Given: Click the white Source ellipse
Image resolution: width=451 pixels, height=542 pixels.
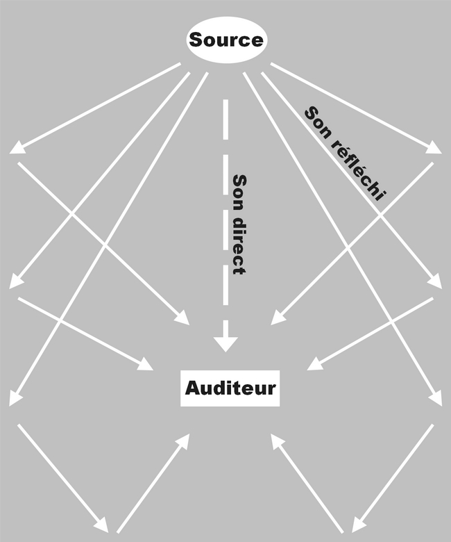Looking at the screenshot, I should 226,40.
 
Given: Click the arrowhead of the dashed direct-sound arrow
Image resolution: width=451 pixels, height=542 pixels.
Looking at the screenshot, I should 226,343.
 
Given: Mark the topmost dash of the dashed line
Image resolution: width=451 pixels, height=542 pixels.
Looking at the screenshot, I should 226,113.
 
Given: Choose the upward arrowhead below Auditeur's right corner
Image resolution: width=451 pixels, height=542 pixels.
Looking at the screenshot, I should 275,441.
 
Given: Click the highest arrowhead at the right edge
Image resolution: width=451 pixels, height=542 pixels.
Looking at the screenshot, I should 434,147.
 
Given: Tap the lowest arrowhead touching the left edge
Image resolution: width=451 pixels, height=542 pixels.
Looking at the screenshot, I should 15,399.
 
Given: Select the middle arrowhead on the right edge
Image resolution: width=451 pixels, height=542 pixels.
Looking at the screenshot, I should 434,282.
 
